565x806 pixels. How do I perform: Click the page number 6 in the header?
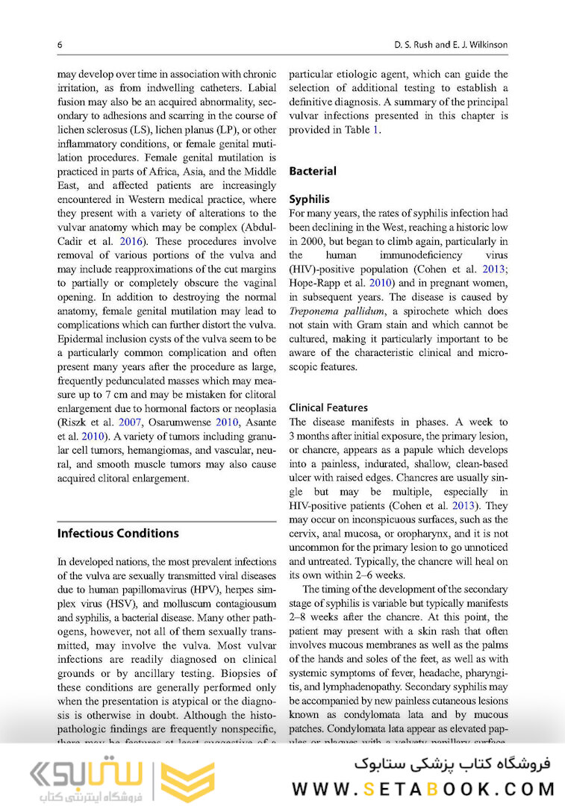(x=60, y=45)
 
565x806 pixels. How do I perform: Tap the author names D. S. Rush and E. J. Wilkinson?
(x=451, y=45)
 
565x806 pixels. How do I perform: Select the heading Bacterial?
(x=312, y=171)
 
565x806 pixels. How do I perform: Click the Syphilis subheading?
(x=309, y=200)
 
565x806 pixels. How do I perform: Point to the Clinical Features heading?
(x=328, y=407)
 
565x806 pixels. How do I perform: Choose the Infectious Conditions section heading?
(x=118, y=533)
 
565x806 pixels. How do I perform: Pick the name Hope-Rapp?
(x=318, y=281)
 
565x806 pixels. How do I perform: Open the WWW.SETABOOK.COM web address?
(x=423, y=789)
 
